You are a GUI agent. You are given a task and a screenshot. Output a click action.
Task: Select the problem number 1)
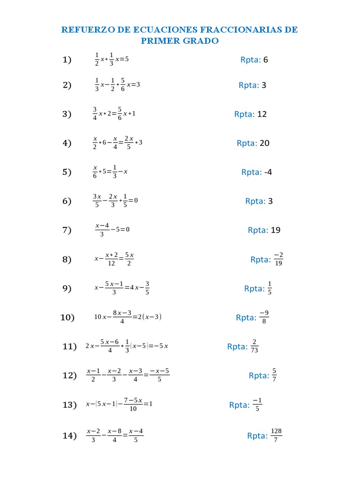(x=67, y=60)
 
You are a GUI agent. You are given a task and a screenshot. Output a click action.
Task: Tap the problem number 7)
(x=67, y=230)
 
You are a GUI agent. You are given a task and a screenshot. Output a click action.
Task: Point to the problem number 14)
(x=69, y=436)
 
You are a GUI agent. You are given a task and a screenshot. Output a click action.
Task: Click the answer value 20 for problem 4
(x=264, y=143)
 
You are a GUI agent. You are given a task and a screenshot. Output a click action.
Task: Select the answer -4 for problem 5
(x=268, y=172)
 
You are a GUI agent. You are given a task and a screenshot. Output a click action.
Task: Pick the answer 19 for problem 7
(x=276, y=230)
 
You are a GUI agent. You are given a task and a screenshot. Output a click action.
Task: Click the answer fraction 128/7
(x=277, y=435)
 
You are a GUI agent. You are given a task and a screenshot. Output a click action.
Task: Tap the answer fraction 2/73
(x=255, y=346)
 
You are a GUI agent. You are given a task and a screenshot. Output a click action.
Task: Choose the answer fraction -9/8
(x=264, y=317)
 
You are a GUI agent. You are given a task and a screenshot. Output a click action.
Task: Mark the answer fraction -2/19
(x=278, y=259)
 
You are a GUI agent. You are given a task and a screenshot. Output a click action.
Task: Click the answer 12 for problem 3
(x=262, y=114)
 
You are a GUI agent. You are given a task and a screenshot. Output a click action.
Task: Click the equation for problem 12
(x=127, y=375)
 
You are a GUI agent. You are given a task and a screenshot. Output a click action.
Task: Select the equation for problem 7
(x=112, y=230)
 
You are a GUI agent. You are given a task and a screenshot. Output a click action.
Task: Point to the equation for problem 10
(x=127, y=317)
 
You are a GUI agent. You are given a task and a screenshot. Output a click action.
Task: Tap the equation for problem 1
(x=111, y=60)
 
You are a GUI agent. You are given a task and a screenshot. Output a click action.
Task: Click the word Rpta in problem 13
(x=239, y=405)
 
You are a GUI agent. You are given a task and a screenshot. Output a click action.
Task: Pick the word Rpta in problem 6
(x=255, y=201)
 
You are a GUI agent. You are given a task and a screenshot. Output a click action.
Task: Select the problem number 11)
(x=69, y=346)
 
